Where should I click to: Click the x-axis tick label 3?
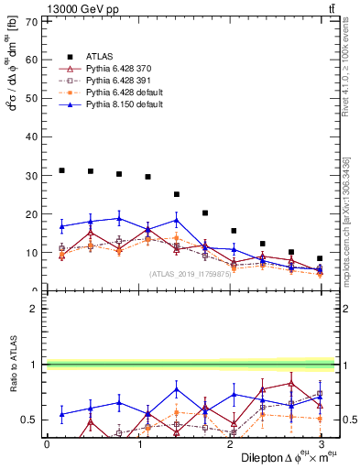click(322, 444)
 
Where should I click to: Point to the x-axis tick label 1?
click(138, 444)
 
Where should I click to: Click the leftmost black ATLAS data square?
click(61, 170)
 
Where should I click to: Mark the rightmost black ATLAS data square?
click(320, 258)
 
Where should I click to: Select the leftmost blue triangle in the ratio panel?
click(61, 414)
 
